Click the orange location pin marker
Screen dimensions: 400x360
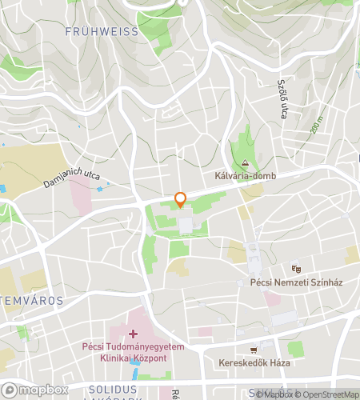(x=180, y=200)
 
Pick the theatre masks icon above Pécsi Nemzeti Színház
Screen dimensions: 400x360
(x=296, y=269)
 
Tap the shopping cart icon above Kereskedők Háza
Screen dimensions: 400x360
(x=254, y=349)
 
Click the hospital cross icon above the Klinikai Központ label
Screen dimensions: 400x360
(x=133, y=333)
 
